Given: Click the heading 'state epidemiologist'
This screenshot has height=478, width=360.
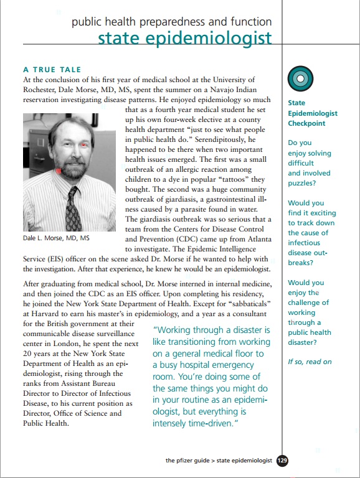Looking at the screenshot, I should coord(185,38).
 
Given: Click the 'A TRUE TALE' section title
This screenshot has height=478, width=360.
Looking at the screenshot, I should coord(52,70).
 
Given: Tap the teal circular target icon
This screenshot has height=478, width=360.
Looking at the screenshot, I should coord(300,78).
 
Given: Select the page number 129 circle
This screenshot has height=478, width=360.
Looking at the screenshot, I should coord(282,461).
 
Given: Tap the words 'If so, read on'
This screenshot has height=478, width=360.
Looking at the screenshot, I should coord(310,362).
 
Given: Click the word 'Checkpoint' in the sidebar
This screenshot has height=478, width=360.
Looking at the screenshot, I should coord(307,123).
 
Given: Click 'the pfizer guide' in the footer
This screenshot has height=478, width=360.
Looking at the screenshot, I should coord(187,461).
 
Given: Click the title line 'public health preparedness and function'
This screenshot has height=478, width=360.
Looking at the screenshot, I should coord(172,22).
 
